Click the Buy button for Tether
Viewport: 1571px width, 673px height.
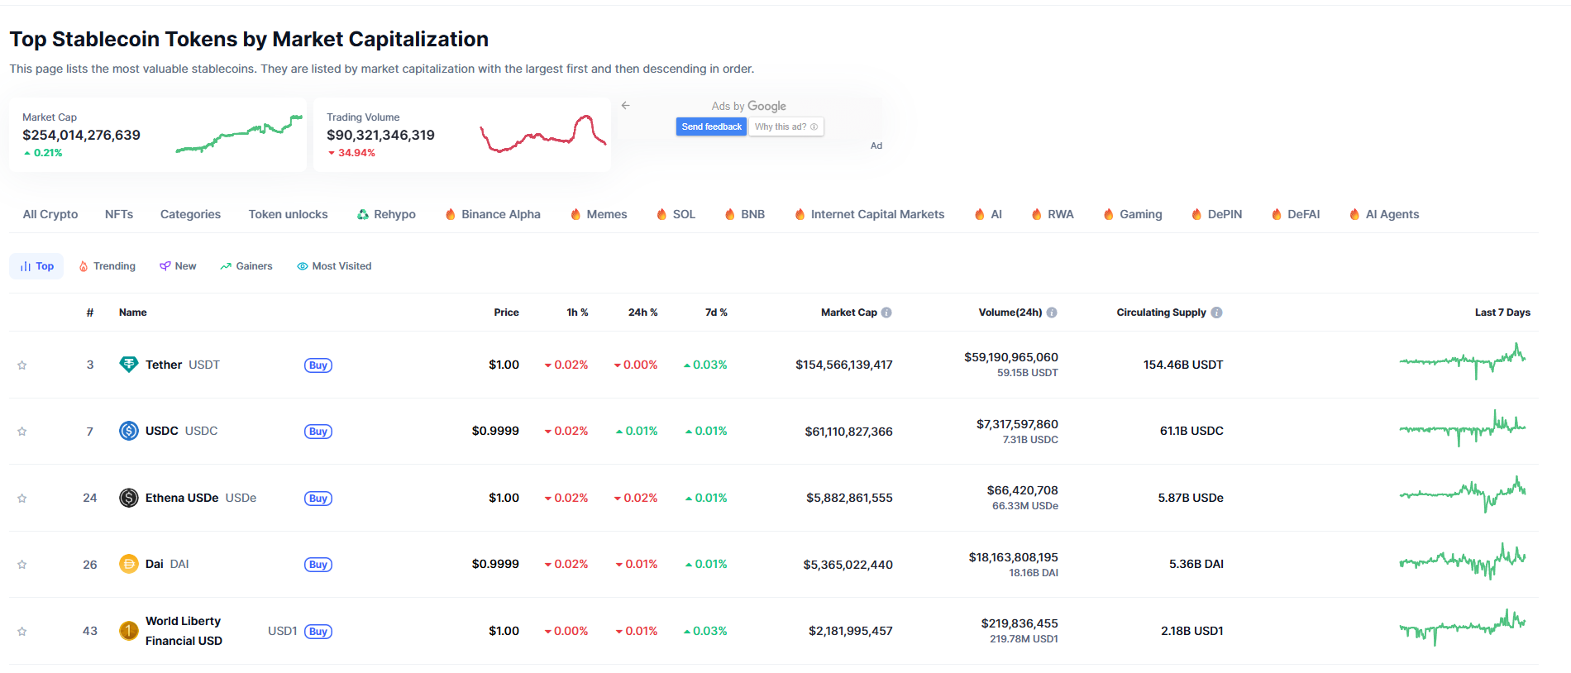click(318, 365)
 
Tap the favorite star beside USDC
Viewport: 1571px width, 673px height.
click(22, 432)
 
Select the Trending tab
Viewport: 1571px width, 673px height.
click(107, 266)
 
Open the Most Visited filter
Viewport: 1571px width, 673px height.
click(334, 266)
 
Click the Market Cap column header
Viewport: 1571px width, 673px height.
click(848, 313)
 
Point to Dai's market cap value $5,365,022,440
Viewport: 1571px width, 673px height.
click(848, 565)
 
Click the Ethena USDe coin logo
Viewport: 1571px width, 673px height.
click(129, 498)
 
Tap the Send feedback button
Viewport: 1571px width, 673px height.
click(711, 126)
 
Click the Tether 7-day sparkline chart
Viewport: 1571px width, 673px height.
click(1462, 360)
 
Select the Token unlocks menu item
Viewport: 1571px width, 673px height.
click(288, 214)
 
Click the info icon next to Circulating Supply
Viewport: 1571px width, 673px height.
click(1216, 313)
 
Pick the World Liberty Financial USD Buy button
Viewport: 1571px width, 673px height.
click(318, 632)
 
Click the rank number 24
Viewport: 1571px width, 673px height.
click(90, 498)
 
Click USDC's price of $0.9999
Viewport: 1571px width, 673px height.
click(495, 431)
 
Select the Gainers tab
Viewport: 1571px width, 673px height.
click(246, 266)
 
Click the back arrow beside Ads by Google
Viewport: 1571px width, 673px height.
click(626, 105)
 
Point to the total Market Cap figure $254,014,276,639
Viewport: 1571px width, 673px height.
click(81, 135)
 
